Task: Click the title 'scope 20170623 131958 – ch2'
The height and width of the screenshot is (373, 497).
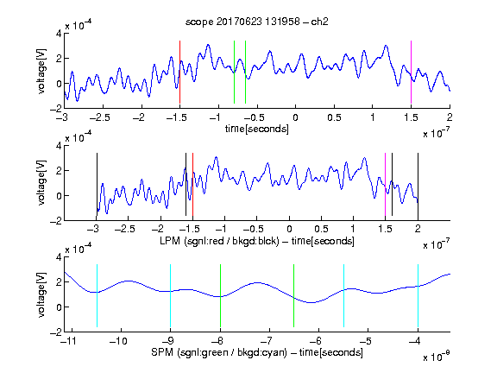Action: [x=257, y=22]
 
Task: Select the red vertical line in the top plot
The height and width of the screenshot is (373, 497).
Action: [x=179, y=72]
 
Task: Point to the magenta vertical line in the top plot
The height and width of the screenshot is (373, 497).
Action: [x=411, y=72]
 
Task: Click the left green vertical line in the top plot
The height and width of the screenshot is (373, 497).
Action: [x=234, y=72]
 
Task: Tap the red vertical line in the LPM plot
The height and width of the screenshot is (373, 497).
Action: [x=192, y=184]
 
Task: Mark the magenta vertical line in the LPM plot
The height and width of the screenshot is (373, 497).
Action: [x=385, y=184]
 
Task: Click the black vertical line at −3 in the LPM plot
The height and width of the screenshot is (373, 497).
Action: [x=97, y=184]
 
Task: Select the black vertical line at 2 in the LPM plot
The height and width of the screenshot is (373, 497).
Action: [x=418, y=184]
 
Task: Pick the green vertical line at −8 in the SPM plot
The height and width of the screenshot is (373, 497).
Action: [x=220, y=295]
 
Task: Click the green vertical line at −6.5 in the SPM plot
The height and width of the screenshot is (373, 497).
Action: [x=294, y=295]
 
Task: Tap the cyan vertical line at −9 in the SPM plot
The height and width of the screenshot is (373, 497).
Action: [x=171, y=295]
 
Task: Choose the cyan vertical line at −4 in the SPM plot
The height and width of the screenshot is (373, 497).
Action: [x=418, y=295]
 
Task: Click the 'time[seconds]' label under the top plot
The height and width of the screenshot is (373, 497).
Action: [x=257, y=129]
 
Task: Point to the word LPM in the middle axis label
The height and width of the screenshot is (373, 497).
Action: [x=170, y=241]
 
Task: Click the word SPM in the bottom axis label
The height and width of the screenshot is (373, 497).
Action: [x=162, y=352]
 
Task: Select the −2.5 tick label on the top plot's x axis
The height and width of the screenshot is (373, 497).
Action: [x=100, y=117]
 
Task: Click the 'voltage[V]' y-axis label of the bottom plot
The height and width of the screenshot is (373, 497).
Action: [x=41, y=294]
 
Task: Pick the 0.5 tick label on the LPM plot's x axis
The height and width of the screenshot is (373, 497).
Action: [x=321, y=229]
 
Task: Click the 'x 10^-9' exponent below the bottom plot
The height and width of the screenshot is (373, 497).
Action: [x=437, y=357]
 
